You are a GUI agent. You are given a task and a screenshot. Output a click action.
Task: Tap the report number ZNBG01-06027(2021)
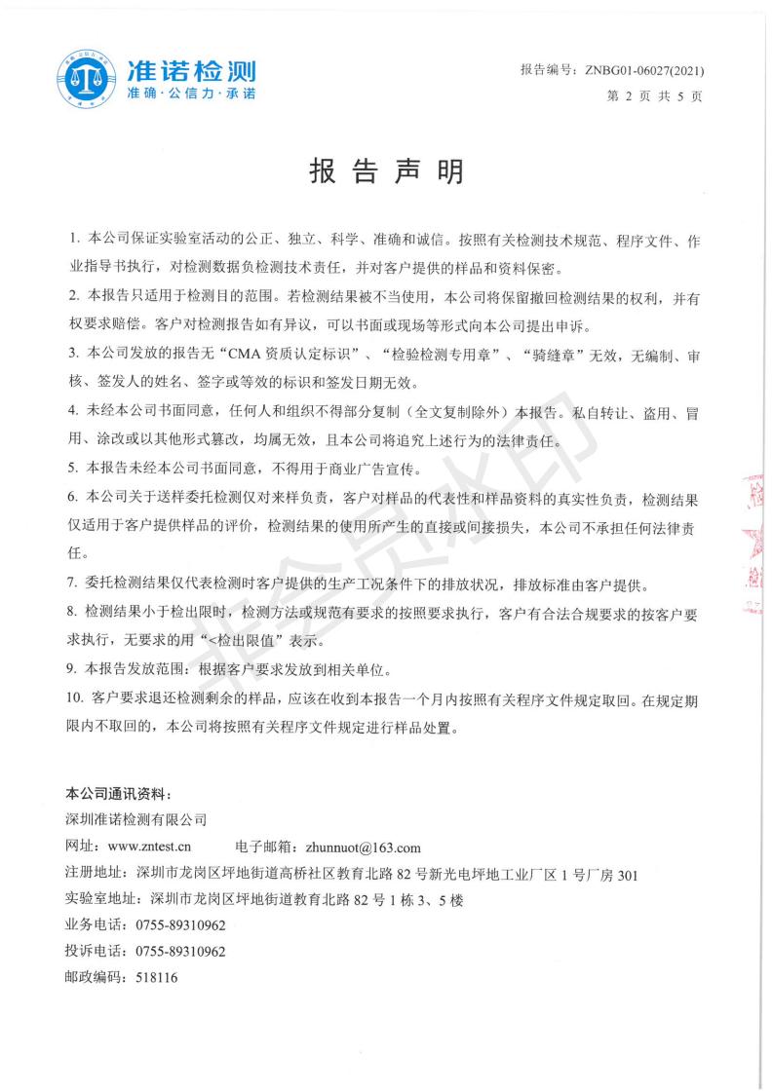[x=642, y=71]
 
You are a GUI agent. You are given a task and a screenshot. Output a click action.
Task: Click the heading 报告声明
[x=386, y=172]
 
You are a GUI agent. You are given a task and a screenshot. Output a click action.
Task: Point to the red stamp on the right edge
[x=754, y=536]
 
